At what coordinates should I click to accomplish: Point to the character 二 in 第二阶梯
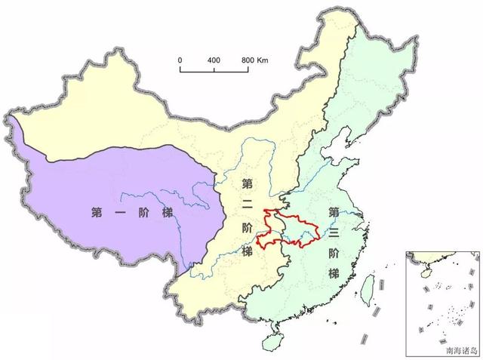pyautogui.click(x=248, y=205)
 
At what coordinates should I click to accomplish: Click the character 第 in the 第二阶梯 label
pyautogui.click(x=248, y=183)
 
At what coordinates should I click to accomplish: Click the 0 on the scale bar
pyautogui.click(x=180, y=59)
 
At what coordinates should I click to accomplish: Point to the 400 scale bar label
pyautogui.click(x=214, y=59)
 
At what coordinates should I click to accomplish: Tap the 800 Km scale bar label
pyautogui.click(x=254, y=59)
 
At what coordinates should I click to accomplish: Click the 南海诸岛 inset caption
pyautogui.click(x=461, y=349)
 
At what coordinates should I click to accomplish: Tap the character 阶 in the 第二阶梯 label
pyautogui.click(x=248, y=228)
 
